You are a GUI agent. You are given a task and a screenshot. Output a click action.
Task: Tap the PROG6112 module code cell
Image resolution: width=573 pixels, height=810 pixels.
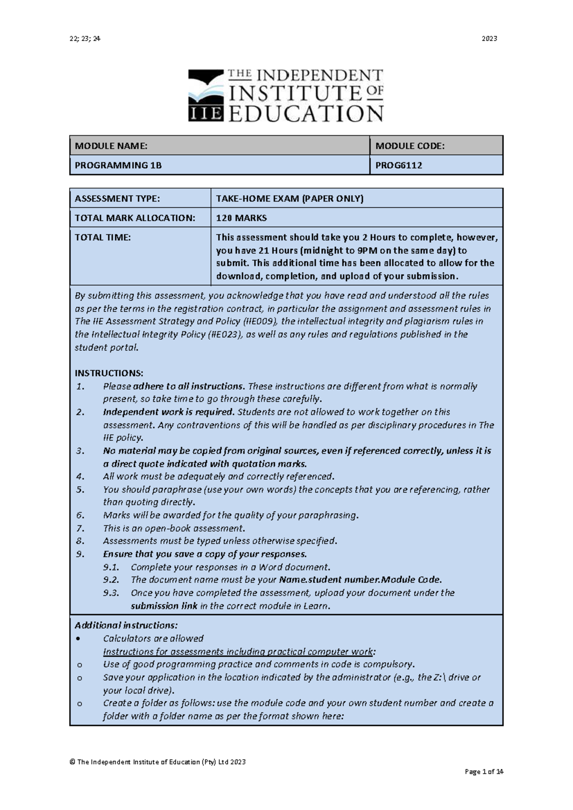tap(399, 166)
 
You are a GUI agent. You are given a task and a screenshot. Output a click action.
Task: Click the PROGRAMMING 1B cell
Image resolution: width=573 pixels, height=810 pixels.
tap(118, 166)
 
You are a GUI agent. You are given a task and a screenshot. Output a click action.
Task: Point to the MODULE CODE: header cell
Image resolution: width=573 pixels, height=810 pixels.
tap(410, 146)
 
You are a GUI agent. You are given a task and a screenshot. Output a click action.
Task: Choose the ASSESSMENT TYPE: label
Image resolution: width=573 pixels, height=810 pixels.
tap(117, 199)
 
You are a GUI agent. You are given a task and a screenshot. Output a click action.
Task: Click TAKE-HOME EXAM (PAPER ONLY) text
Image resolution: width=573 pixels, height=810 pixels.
tap(289, 199)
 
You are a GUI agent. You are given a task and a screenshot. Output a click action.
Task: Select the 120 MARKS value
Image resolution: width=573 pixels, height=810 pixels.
tap(241, 218)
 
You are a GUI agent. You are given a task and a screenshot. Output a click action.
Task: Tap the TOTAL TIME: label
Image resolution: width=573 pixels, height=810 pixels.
tap(102, 237)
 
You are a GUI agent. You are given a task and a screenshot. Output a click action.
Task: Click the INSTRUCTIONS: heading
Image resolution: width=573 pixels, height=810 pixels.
tap(109, 373)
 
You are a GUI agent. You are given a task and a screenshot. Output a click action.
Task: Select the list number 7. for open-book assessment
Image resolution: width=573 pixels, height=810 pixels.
tap(80, 528)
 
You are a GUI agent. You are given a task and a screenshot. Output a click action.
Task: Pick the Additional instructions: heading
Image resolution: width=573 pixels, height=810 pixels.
tap(126, 625)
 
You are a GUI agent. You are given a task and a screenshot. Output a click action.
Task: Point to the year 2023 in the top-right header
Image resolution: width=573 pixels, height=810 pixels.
tap(489, 39)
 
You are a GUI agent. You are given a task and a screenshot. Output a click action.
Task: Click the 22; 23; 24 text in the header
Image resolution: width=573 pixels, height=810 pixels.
tap(85, 39)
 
